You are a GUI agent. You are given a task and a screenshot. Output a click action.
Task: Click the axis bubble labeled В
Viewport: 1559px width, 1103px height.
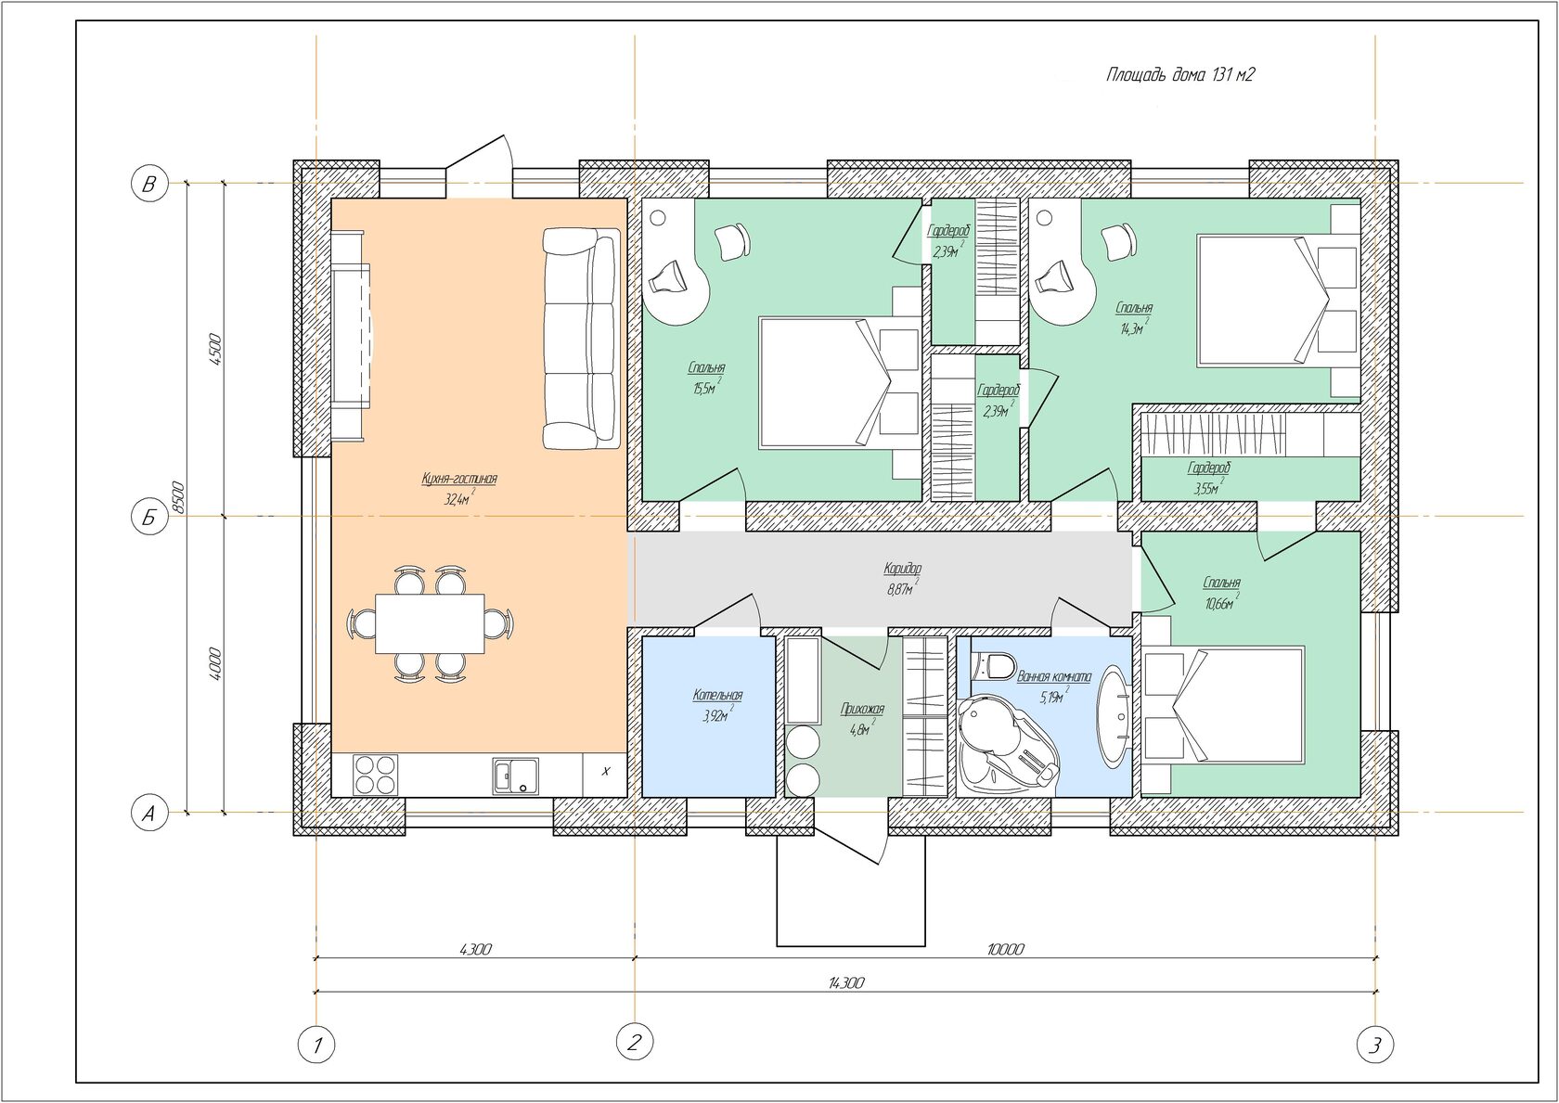point(149,185)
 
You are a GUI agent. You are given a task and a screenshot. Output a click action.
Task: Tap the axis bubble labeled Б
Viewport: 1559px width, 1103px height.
point(149,517)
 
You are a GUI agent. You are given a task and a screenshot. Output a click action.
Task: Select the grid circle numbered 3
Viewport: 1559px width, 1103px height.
point(1375,1045)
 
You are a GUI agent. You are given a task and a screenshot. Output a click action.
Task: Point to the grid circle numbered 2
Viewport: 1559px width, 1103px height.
point(635,1043)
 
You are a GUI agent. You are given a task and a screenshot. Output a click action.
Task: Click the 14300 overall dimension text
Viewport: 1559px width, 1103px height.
point(846,982)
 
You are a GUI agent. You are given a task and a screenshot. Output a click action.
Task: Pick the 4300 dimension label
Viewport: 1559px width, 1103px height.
point(475,948)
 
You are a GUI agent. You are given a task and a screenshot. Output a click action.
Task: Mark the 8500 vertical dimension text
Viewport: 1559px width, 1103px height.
point(178,497)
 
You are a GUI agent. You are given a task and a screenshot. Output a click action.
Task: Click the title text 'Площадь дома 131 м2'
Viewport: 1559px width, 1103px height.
point(1180,74)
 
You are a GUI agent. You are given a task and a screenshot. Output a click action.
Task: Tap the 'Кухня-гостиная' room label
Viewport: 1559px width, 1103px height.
point(459,479)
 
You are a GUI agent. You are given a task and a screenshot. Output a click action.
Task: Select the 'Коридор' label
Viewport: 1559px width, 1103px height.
point(903,569)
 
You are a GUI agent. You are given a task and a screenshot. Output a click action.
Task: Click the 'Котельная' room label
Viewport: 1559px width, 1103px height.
point(717,695)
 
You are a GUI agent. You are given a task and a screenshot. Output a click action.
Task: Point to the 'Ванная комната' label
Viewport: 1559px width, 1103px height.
point(1054,675)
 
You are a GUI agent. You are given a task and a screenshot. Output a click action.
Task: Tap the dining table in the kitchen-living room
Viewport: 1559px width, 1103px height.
point(430,623)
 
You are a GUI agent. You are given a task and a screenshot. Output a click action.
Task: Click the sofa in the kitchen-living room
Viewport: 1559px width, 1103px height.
point(581,339)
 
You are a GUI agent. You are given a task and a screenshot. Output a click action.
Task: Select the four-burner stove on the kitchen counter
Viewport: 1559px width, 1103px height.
point(376,776)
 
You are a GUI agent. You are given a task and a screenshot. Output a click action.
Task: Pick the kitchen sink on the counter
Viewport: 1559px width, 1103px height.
point(515,776)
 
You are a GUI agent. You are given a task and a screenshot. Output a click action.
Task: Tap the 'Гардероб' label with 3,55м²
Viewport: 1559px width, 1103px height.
point(1209,468)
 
